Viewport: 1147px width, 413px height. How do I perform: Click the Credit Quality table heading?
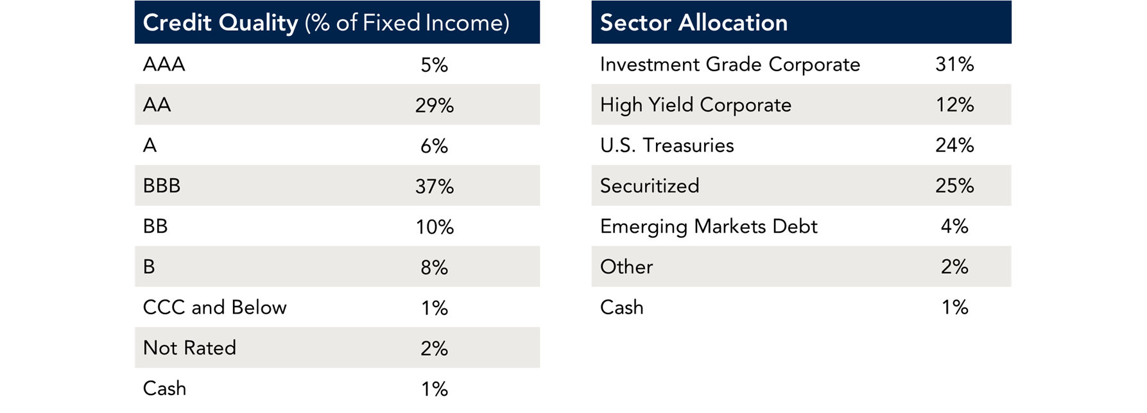tap(326, 23)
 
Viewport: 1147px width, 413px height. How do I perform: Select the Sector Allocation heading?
tap(693, 23)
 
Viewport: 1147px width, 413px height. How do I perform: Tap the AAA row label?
tap(164, 65)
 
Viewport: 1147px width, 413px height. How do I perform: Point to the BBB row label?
tap(162, 186)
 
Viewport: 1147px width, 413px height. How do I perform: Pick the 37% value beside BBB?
tap(434, 187)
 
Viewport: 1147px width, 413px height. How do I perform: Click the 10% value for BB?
tap(434, 227)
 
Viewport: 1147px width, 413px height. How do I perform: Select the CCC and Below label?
tap(214, 307)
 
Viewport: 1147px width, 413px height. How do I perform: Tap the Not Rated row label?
tap(189, 348)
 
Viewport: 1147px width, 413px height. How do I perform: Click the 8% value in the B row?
tap(434, 267)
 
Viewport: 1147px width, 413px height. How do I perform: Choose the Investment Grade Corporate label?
tap(730, 65)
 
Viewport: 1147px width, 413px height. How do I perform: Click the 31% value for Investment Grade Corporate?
tap(954, 65)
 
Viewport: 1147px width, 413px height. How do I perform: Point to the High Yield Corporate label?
tap(695, 105)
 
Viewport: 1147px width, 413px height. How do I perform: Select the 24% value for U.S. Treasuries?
tap(954, 146)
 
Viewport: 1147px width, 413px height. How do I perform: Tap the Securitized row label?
tap(650, 186)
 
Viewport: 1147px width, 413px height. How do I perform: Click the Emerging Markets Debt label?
tap(709, 226)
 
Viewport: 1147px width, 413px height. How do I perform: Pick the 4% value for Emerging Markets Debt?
tap(954, 226)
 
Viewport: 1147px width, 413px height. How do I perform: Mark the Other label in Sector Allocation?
tap(626, 267)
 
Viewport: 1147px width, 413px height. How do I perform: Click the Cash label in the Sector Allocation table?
tap(621, 307)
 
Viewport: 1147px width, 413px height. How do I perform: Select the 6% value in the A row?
tap(434, 146)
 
